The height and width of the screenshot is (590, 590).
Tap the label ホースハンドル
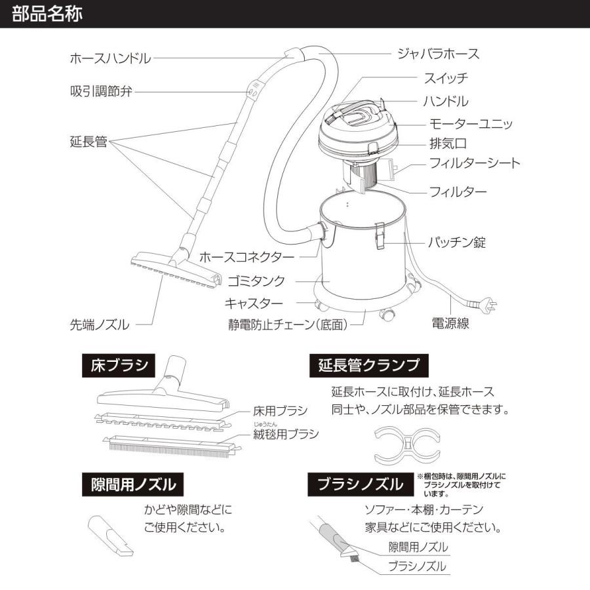[x=110, y=58]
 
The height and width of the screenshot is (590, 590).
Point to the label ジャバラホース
[x=438, y=54]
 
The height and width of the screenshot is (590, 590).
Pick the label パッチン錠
[x=457, y=243]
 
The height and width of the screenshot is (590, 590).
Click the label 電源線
[x=450, y=323]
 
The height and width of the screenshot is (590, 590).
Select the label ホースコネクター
[x=246, y=256]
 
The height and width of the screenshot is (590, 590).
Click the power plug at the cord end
[x=488, y=305]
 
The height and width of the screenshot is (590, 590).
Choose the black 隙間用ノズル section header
[x=133, y=484]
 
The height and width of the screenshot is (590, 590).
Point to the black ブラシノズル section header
[x=360, y=484]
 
